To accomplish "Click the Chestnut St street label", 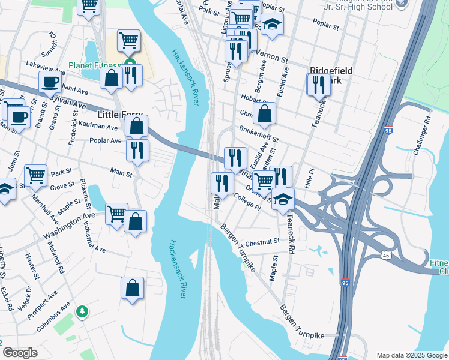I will [263, 241].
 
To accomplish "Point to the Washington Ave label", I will [69, 223].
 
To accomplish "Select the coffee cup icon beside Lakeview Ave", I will [50, 81].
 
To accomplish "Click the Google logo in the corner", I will [20, 353].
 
